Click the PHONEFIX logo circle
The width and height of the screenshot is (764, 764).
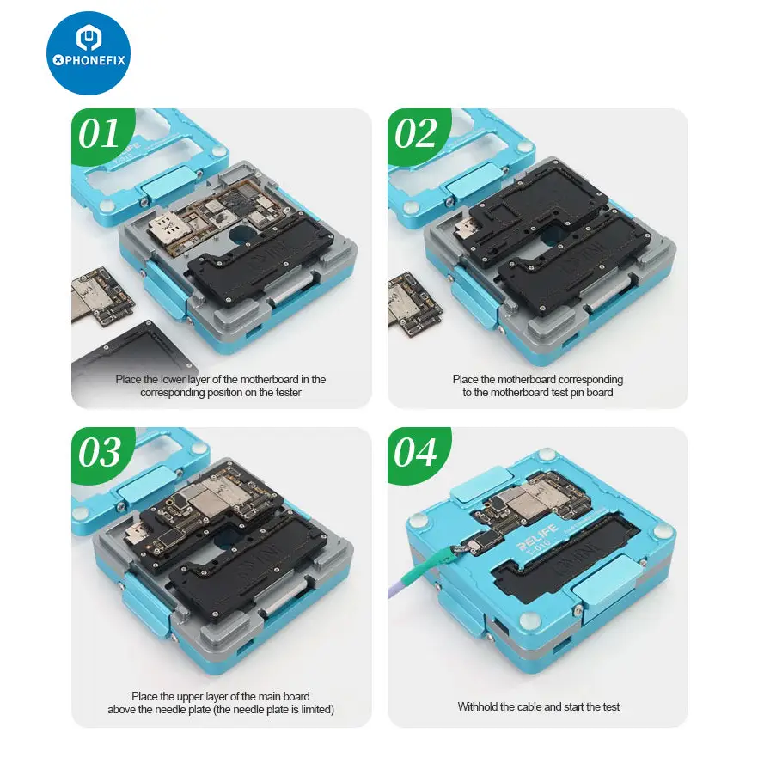click(x=89, y=53)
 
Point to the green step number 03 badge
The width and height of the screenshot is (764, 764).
click(x=101, y=454)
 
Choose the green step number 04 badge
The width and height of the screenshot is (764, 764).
click(x=418, y=454)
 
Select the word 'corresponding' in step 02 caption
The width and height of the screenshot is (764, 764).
click(x=591, y=380)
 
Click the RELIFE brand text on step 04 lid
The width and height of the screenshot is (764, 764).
click(x=536, y=535)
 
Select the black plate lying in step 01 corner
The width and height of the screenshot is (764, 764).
click(x=129, y=361)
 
